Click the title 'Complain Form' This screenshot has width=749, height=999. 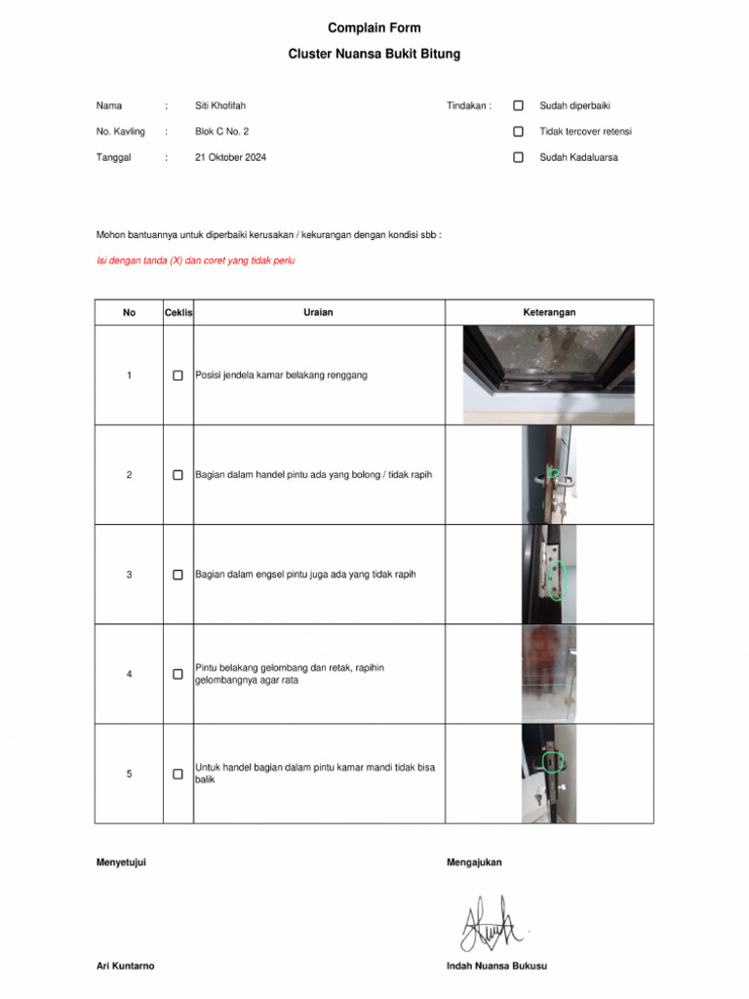pyautogui.click(x=374, y=28)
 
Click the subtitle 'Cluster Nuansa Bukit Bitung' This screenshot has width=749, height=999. pyautogui.click(x=374, y=55)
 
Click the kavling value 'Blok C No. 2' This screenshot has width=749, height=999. pyautogui.click(x=221, y=131)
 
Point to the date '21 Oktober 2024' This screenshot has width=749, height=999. pyautogui.click(x=230, y=157)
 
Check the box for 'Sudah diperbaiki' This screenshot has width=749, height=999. pyautogui.click(x=519, y=105)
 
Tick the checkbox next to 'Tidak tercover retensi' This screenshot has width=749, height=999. pyautogui.click(x=519, y=131)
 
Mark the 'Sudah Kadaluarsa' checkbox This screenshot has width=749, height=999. pyautogui.click(x=519, y=157)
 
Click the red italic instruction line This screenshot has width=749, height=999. pyautogui.click(x=195, y=260)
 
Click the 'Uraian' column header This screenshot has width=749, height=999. pyautogui.click(x=318, y=312)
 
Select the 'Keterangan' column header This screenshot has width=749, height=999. pyautogui.click(x=549, y=312)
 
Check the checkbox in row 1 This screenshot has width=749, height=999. pyautogui.click(x=177, y=376)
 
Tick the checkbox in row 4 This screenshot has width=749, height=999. pyautogui.click(x=177, y=674)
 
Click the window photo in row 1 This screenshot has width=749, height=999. pyautogui.click(x=548, y=375)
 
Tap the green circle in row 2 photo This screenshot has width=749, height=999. pyautogui.click(x=553, y=473)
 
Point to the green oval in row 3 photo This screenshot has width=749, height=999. pyautogui.click(x=558, y=581)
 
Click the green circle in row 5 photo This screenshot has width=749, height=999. pyautogui.click(x=553, y=761)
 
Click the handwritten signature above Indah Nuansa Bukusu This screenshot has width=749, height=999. pyautogui.click(x=493, y=922)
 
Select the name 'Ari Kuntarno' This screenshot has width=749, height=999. pyautogui.click(x=125, y=966)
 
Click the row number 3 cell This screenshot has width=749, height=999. pyautogui.click(x=129, y=575)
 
